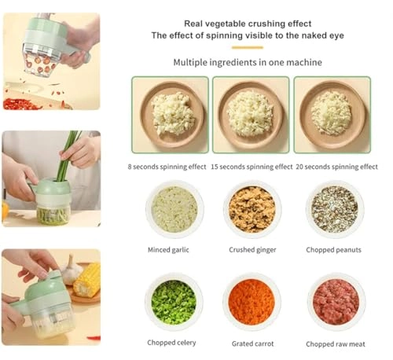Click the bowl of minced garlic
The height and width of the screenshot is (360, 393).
tap(174, 209)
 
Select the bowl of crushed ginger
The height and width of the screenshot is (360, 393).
tap(252, 209)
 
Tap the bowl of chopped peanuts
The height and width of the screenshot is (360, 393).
tap(334, 209)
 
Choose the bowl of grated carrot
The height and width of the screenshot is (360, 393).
tap(252, 302)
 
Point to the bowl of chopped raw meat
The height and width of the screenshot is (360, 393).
tap(336, 302)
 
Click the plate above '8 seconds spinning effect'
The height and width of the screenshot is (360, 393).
tap(171, 114)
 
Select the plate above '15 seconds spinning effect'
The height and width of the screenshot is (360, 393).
tap(250, 114)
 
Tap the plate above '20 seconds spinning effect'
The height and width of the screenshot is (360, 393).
tap(331, 114)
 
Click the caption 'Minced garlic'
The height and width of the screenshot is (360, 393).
tap(168, 250)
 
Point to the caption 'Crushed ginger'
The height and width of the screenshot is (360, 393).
tap(252, 250)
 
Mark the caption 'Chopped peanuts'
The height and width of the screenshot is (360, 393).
tap(334, 250)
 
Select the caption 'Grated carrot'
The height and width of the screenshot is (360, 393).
tap(252, 343)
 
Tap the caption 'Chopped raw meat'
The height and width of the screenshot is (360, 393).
tap(336, 343)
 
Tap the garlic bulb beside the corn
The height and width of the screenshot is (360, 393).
tap(72, 270)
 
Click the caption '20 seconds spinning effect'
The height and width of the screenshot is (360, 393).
tap(335, 167)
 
